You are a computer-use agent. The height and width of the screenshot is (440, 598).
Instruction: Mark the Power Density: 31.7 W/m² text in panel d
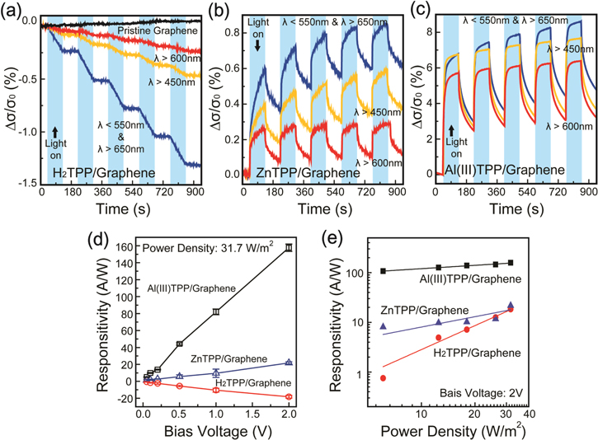coord(206,245)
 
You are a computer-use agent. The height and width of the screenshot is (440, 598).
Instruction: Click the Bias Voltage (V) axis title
coord(213,428)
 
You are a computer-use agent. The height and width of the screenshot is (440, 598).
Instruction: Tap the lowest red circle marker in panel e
coord(383,378)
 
